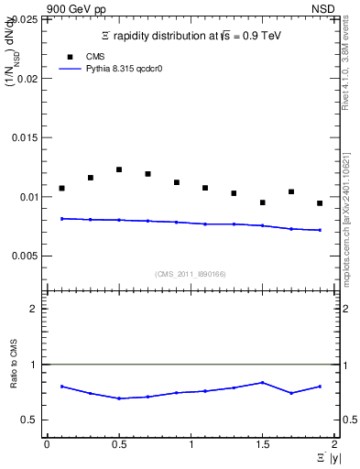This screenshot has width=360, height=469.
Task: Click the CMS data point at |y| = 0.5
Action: tap(119, 169)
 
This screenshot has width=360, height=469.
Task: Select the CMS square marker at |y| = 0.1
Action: tap(61, 188)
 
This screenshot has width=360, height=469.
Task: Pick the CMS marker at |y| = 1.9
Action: tap(320, 203)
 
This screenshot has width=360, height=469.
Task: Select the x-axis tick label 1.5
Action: tap(262, 445)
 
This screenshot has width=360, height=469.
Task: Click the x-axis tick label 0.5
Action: tap(118, 445)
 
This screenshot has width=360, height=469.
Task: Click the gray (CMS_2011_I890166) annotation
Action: tap(190, 274)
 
